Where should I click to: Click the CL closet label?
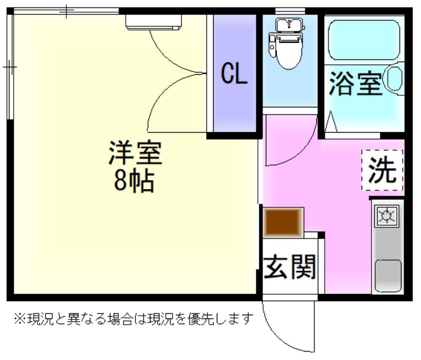234,73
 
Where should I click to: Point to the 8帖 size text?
134,181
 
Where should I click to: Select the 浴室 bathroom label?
356,83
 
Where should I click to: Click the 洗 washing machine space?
383,170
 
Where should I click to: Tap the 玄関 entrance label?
289,267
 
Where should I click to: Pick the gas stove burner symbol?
387,215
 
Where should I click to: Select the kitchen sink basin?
388,276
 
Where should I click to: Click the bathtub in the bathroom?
364,40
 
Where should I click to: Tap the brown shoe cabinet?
283,223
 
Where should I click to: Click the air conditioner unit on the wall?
154,22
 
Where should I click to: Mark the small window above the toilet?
290,11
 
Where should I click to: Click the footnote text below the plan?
134,319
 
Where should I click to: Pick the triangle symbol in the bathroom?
331,121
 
